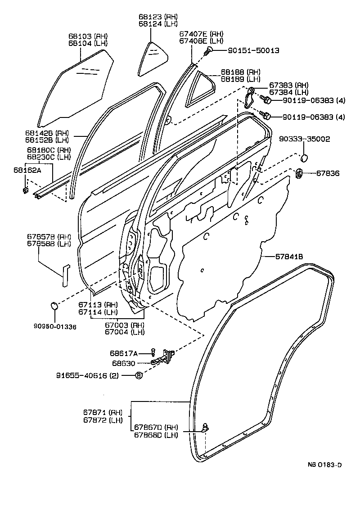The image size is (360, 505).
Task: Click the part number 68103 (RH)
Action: click(x=88, y=36)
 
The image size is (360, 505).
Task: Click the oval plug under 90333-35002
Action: click(x=304, y=158)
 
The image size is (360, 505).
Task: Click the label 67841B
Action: click(x=289, y=257)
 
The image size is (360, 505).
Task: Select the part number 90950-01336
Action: click(x=55, y=326)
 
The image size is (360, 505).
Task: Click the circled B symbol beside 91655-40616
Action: click(x=139, y=375)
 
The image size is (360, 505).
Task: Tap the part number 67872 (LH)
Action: click(x=103, y=420)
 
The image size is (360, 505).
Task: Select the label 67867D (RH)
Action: click(x=156, y=427)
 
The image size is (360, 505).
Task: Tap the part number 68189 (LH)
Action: click(x=241, y=79)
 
